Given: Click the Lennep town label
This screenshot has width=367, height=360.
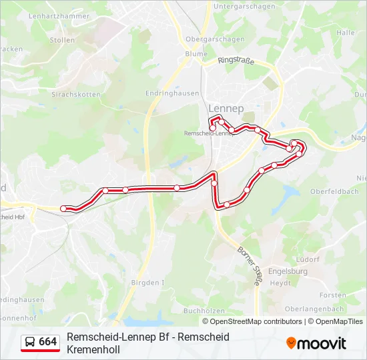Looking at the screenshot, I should [x=226, y=108].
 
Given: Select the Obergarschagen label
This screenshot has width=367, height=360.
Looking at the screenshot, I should [x=214, y=39].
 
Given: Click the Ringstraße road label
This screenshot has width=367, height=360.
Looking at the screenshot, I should [x=236, y=61].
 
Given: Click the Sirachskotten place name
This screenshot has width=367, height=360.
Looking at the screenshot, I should [x=75, y=95].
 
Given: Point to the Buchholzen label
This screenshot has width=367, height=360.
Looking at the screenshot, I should [x=204, y=310].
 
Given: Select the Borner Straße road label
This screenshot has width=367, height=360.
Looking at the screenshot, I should [x=249, y=266].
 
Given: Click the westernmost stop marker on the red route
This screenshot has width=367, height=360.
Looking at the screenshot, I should [x=64, y=209].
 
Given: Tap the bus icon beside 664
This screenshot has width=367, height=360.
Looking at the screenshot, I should [x=30, y=342].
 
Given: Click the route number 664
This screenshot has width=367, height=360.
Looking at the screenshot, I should [x=48, y=342].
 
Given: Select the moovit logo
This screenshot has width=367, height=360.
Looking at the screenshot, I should [x=316, y=343].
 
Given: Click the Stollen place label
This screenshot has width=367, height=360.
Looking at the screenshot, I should [x=62, y=40].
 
